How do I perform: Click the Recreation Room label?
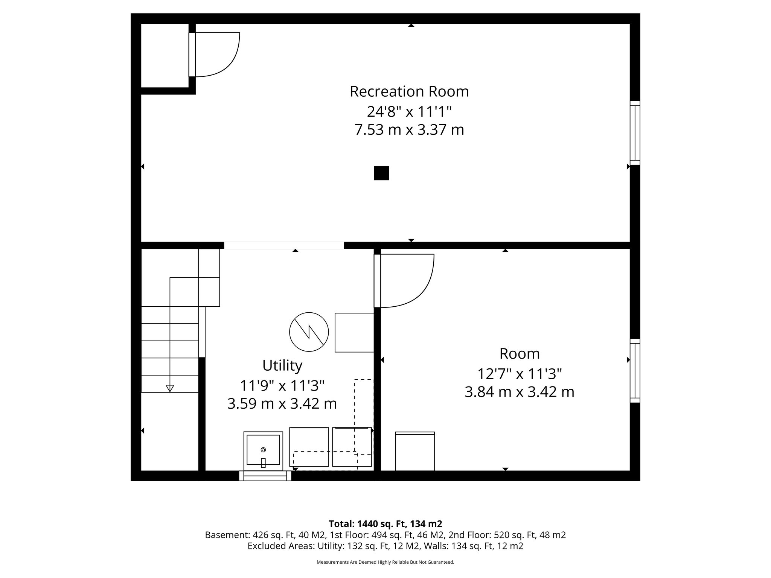pos(409,91)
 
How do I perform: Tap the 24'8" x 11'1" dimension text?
pos(409,111)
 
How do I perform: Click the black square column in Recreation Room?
pos(381,173)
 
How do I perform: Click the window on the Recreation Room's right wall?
pos(635,133)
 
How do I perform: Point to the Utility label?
pos(282,365)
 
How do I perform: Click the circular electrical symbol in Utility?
pos(309,332)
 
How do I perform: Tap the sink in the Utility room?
pos(263,451)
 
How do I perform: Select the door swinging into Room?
pos(405,280)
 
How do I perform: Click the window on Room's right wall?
pos(635,371)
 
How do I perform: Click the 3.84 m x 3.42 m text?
pos(519,392)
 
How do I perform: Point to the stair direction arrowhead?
pos(170,388)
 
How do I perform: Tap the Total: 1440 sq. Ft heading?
pos(385,524)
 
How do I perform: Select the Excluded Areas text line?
pos(385,546)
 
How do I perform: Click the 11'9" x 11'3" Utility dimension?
pos(282,385)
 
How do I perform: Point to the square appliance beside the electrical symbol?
pos(354,332)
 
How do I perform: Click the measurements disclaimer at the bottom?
pos(385,562)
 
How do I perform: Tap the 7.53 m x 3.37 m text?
pos(409,130)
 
